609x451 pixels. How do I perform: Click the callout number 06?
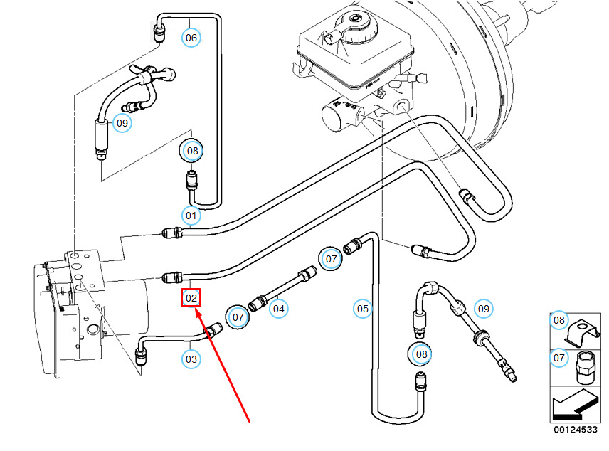point(191,37)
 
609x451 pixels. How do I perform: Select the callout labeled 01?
point(191,213)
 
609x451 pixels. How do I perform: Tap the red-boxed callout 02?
point(191,298)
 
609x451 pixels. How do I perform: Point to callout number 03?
point(191,359)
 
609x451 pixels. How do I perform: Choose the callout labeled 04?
point(278,309)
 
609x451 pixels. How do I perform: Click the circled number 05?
point(363,309)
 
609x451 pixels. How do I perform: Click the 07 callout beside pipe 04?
point(238,317)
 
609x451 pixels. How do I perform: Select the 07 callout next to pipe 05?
point(331,259)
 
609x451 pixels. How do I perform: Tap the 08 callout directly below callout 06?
point(191,151)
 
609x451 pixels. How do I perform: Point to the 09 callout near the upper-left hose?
point(122,123)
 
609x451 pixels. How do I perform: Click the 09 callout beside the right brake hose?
point(483,309)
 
